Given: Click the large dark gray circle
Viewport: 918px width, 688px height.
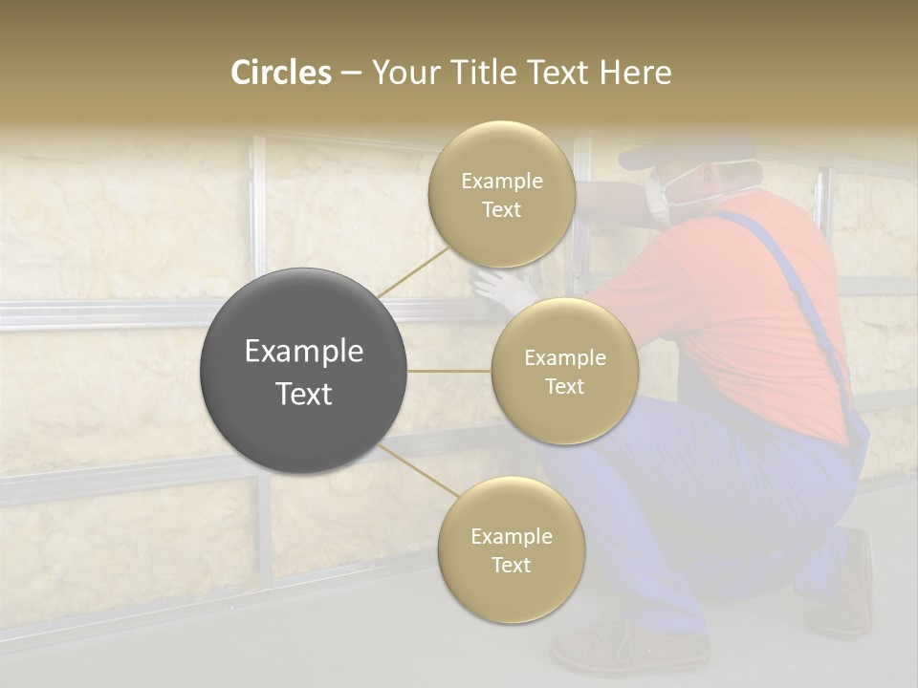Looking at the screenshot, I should (303, 371).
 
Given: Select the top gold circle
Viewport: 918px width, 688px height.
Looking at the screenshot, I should (501, 194).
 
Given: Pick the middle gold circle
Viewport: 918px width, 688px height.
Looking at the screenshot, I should (564, 371).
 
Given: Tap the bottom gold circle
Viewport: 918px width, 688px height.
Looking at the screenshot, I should (511, 549).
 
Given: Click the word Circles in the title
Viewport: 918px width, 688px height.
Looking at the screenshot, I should (280, 73).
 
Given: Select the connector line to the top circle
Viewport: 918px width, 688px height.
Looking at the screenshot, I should (413, 271).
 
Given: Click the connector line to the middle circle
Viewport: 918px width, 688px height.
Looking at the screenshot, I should (448, 370).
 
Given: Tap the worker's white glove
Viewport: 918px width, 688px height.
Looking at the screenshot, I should (502, 288).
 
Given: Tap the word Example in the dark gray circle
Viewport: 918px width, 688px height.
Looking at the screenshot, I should (303, 352).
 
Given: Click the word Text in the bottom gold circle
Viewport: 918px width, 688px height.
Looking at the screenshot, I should (511, 565).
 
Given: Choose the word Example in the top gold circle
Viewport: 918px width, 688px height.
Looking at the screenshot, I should (501, 181).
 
